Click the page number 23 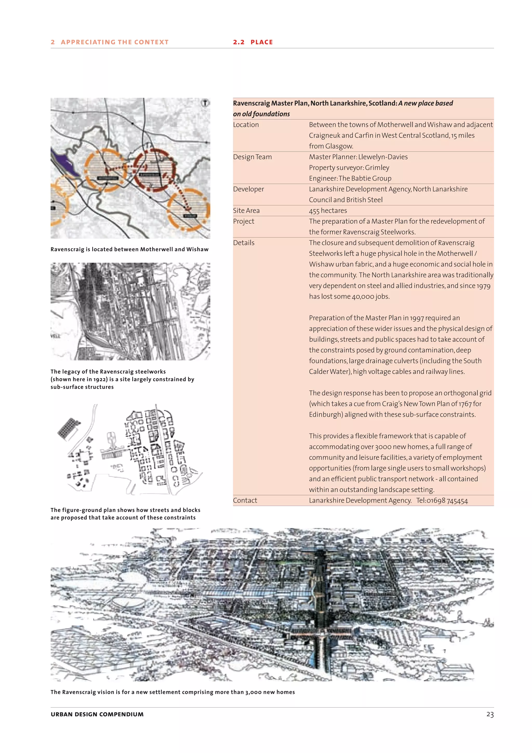[x=490, y=714]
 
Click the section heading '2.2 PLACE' [x=253, y=42]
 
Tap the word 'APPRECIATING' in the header [x=88, y=42]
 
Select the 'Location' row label [x=246, y=125]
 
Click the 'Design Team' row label [x=252, y=157]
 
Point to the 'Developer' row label [x=248, y=189]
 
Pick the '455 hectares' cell [x=328, y=211]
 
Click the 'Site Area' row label [x=246, y=211]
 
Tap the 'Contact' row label [x=245, y=501]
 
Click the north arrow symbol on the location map [x=205, y=103]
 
